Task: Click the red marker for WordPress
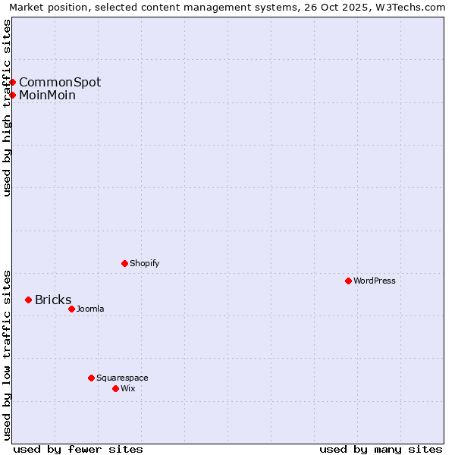pos(348,281)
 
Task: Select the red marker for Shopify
pos(124,263)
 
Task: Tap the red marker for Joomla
pos(71,309)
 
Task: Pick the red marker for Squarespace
pos(91,378)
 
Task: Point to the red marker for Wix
pos(115,388)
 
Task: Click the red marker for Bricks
pos(28,300)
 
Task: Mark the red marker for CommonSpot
pos(13,82)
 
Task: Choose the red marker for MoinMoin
pos(13,95)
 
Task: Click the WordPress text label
pos(375,281)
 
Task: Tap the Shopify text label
pos(144,263)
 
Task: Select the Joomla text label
pos(90,309)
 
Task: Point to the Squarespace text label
pos(122,378)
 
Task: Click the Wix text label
pos(127,388)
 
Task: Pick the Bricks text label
pos(53,300)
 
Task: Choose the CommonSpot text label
pos(60,82)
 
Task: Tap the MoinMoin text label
pos(47,95)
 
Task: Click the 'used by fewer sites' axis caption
pos(78,449)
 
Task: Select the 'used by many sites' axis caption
pos(381,449)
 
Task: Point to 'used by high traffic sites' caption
pos(8,108)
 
